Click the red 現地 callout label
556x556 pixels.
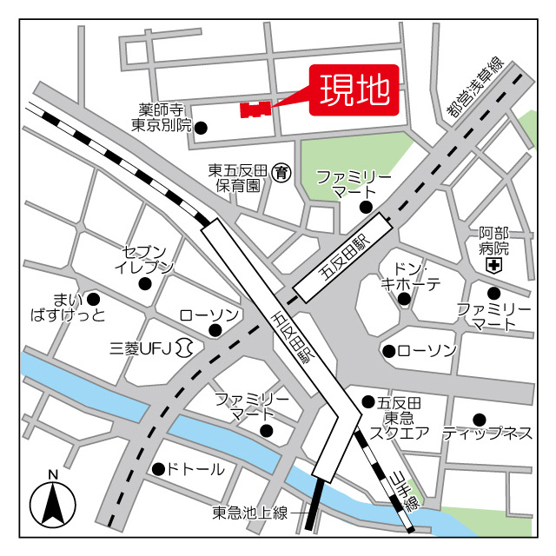pos(355,90)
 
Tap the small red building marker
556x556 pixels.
pos(255,109)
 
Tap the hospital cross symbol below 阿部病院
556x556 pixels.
pos(493,265)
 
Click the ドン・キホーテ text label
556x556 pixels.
pos(411,276)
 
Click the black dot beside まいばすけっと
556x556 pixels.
pos(93,297)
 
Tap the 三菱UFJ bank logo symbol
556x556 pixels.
pos(183,348)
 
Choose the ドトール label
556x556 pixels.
pos(195,469)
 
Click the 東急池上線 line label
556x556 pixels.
pos(249,513)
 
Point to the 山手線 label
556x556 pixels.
pos(404,491)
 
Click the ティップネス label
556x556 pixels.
pos(486,434)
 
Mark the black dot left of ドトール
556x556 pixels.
pos(158,469)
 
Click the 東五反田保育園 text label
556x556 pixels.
pos(238,178)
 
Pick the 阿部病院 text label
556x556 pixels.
pos(495,240)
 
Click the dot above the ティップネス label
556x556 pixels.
pos(479,419)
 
